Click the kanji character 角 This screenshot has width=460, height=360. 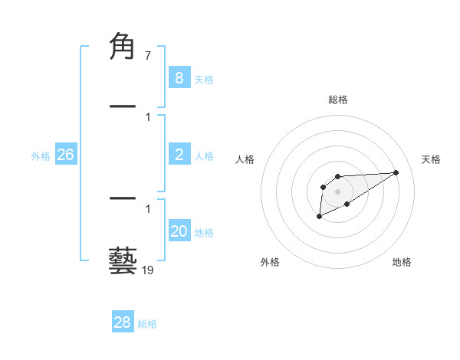(x=123, y=47)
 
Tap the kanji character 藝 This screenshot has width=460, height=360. (x=123, y=260)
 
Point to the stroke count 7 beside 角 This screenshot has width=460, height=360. (x=147, y=56)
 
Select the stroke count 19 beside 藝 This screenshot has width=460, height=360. (x=147, y=270)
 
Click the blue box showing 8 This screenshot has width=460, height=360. (x=179, y=77)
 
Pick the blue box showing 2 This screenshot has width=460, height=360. (x=179, y=155)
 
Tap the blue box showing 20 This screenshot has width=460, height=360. (x=179, y=231)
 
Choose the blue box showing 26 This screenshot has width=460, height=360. (x=65, y=155)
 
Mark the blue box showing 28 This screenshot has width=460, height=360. (x=122, y=322)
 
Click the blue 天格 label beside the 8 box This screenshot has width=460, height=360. (x=204, y=80)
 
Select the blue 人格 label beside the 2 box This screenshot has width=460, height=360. (x=204, y=156)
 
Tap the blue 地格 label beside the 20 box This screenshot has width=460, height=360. (x=204, y=233)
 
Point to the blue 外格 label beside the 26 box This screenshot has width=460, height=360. (x=41, y=156)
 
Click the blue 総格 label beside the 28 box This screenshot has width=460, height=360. (x=147, y=324)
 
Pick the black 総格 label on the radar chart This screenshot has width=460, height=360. (x=337, y=100)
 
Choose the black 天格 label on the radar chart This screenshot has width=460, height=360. (x=431, y=159)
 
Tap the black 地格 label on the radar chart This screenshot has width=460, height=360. (x=402, y=262)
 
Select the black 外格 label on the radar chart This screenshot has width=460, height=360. (x=270, y=262)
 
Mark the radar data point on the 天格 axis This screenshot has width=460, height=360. (x=396, y=172)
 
